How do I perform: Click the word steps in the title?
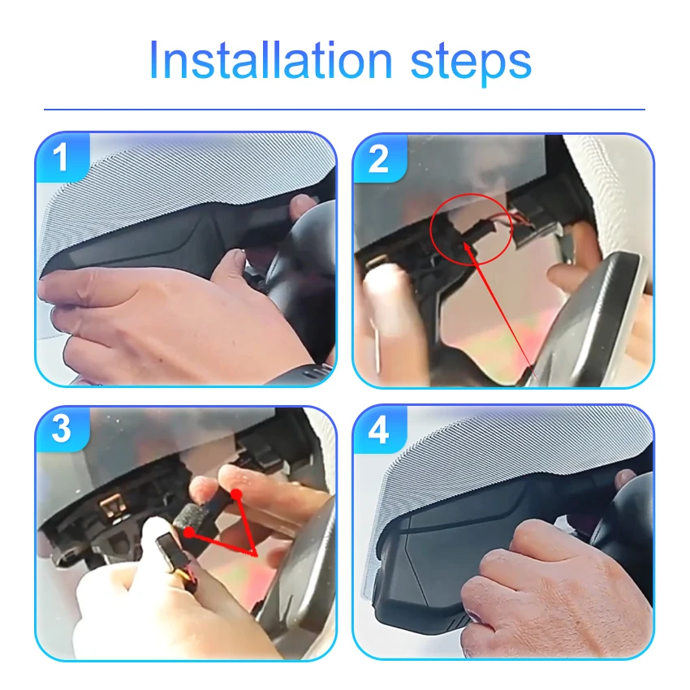click(471, 64)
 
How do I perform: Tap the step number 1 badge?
click(62, 157)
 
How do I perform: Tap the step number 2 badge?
click(379, 159)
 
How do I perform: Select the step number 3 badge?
click(62, 429)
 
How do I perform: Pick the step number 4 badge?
click(379, 430)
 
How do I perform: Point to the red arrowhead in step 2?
click(468, 248)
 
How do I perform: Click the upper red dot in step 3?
click(237, 494)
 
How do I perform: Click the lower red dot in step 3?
click(189, 533)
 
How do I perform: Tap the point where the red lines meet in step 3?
click(254, 553)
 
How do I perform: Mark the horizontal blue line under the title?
click(344, 109)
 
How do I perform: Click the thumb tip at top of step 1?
click(303, 204)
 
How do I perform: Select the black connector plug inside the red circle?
click(475, 232)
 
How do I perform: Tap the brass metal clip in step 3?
click(113, 506)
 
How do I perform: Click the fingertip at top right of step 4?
click(625, 478)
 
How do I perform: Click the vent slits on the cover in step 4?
click(460, 620)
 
